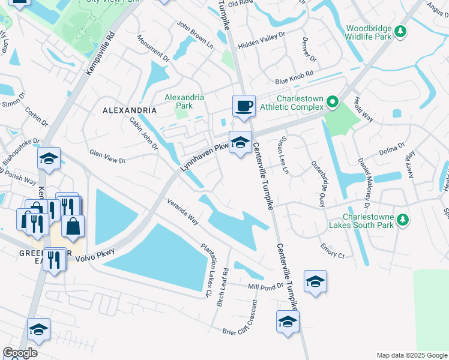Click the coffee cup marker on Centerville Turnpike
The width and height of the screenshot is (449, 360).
[x=244, y=107]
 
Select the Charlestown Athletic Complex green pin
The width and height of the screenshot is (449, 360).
[x=331, y=103]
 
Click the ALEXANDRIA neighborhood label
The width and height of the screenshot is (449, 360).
[x=130, y=111]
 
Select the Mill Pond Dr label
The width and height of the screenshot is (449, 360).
[x=265, y=287]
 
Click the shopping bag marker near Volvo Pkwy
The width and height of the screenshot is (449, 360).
[x=73, y=226]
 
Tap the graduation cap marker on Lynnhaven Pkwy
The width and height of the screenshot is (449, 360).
[x=240, y=143]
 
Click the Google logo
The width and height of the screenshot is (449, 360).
[x=20, y=353]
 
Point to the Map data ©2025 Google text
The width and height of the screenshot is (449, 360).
[x=411, y=355]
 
